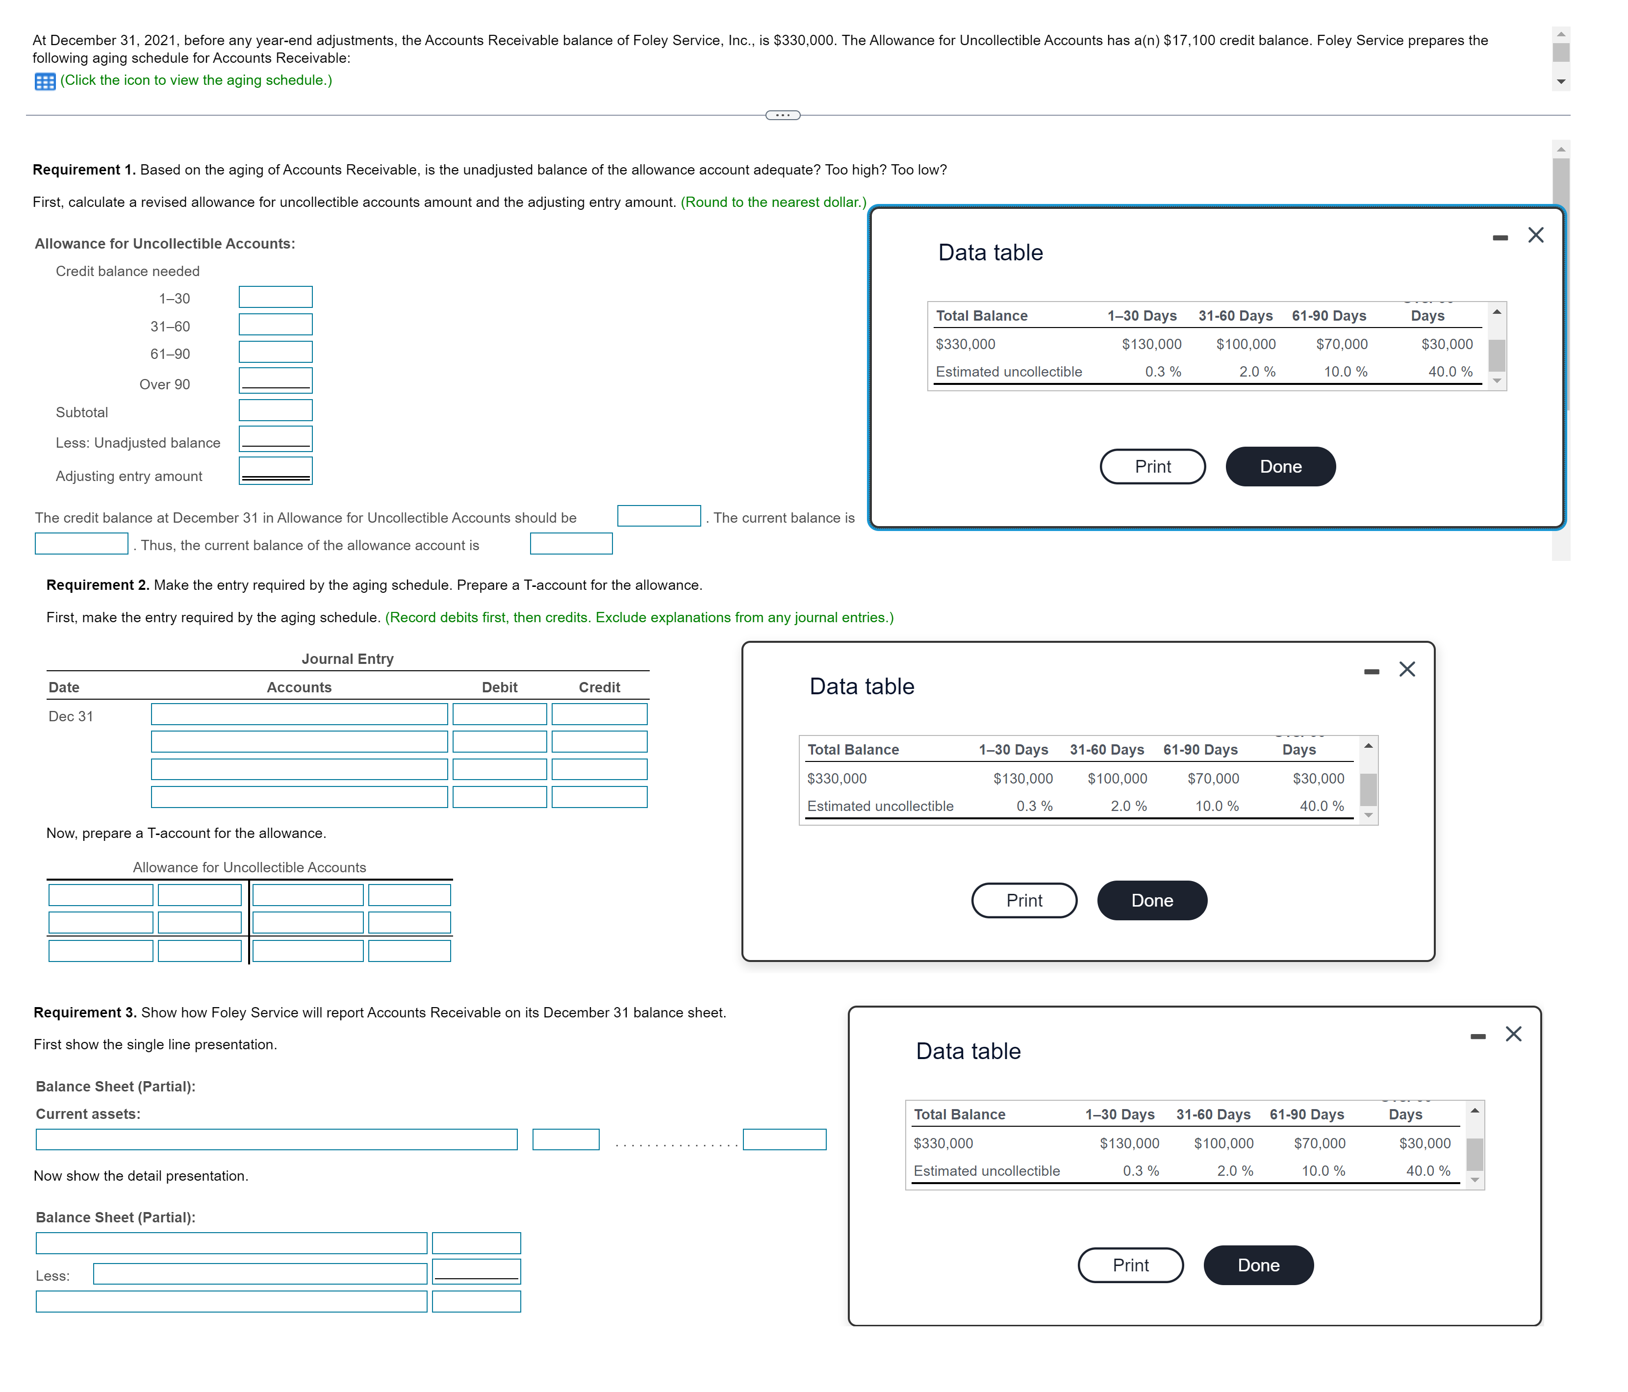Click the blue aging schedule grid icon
pyautogui.click(x=45, y=81)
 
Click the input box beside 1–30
pyautogui.click(x=275, y=297)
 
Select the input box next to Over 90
pyautogui.click(x=275, y=380)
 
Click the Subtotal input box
pyautogui.click(x=275, y=410)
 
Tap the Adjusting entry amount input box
pyautogui.click(x=275, y=471)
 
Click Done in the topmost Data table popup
pyautogui.click(x=1280, y=467)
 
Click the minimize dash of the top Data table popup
pyautogui.click(x=1500, y=237)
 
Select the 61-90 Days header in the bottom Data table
pyautogui.click(x=1307, y=1114)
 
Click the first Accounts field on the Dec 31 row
pyautogui.click(x=299, y=714)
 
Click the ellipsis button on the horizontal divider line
pyautogui.click(x=783, y=116)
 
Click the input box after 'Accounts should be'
pyautogui.click(x=659, y=516)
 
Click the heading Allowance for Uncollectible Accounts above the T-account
pyautogui.click(x=249, y=867)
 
